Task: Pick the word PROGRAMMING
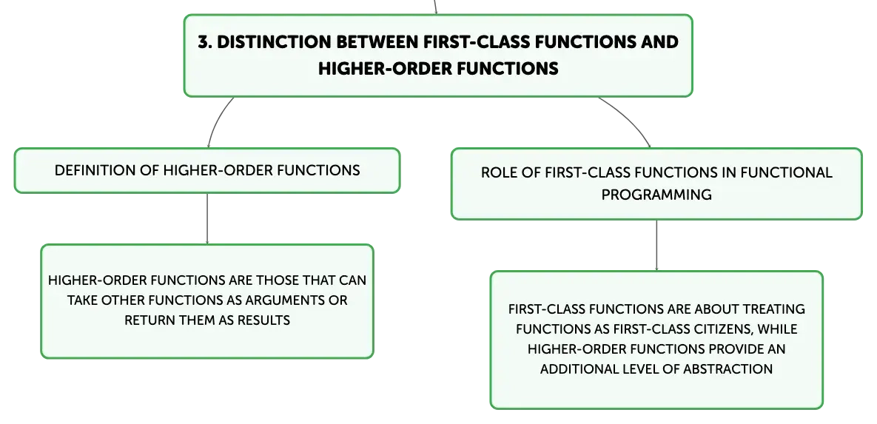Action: pyautogui.click(x=656, y=195)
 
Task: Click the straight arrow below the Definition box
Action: pyautogui.click(x=207, y=219)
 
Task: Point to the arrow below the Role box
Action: pyautogui.click(x=656, y=246)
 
